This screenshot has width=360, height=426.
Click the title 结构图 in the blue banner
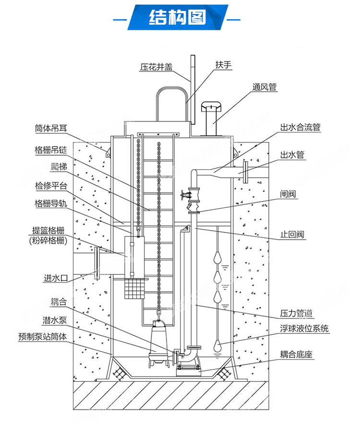pos(178,18)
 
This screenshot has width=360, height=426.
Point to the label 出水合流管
pos(300,128)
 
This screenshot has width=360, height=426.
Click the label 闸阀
pos(288,194)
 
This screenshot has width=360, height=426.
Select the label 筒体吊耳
pos(52,128)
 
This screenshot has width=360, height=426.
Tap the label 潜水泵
pos(55,319)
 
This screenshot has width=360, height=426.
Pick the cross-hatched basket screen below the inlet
pos(134,288)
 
